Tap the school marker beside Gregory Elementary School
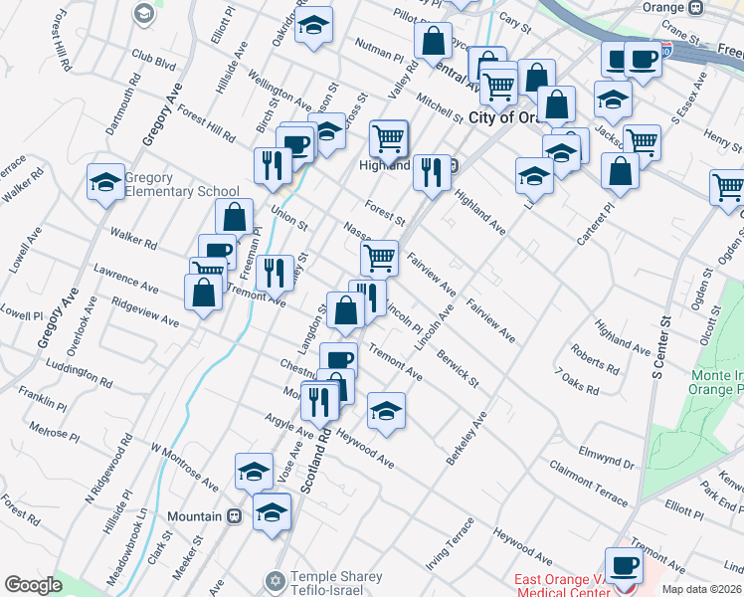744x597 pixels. tap(105, 182)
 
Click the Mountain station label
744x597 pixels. tap(193, 516)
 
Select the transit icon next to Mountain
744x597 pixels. tap(235, 516)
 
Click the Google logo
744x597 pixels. tap(33, 584)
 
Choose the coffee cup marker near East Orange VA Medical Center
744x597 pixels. tap(624, 567)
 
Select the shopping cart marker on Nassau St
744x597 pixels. tap(379, 258)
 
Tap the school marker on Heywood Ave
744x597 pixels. tap(386, 411)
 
